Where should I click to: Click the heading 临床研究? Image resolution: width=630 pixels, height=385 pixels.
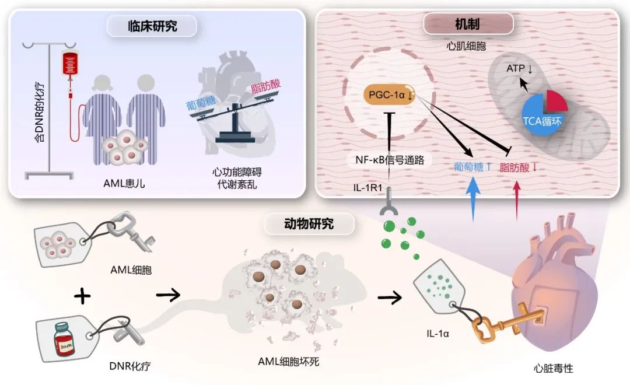coord(153,26)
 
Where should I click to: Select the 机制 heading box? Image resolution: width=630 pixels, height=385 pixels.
coord(468,24)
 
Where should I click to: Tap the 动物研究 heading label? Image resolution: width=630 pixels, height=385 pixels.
coord(309,223)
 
